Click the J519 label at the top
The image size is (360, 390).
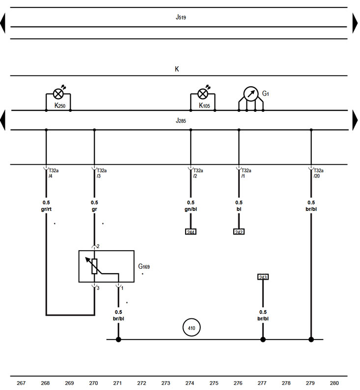tap(181, 17)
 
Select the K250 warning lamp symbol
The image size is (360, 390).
tap(58, 93)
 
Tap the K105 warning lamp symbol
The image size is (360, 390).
tap(203, 93)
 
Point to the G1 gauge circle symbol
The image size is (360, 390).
tap(251, 94)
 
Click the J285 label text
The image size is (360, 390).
tap(181, 120)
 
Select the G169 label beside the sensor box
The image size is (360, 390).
tap(144, 267)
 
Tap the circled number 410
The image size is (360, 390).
tap(192, 327)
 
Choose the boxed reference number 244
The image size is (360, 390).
tap(191, 232)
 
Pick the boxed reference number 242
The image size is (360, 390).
tap(239, 232)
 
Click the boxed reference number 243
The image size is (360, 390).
tap(263, 277)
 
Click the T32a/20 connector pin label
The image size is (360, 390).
tap(318, 173)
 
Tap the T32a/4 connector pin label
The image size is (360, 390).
tap(53, 173)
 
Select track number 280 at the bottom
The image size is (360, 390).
tap(334, 383)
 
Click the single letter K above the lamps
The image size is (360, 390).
tap(177, 69)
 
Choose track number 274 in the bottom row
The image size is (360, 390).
tap(190, 383)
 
